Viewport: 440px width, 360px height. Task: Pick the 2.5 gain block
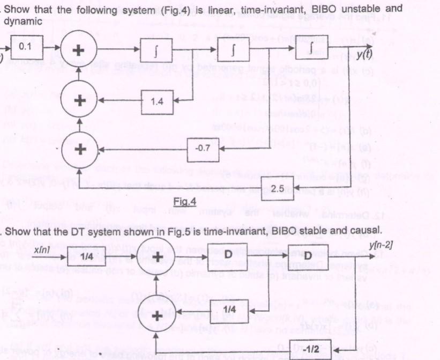click(x=279, y=189)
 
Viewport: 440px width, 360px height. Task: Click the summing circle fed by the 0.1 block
click(x=78, y=52)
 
